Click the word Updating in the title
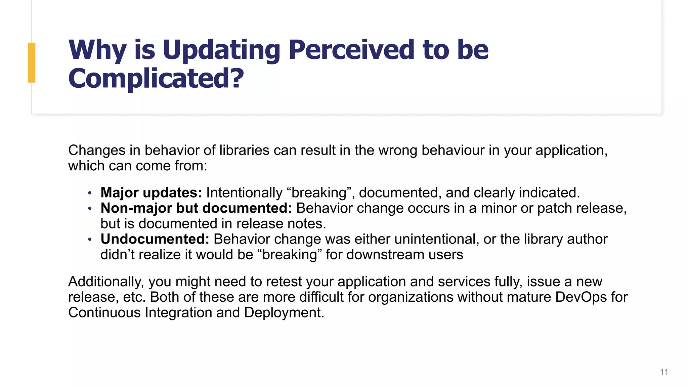221,50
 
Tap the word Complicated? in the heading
156,79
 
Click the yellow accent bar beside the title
32,62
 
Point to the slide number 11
664,372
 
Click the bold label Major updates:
151,193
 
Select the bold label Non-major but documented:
196,208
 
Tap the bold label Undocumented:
155,239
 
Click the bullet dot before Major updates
90,193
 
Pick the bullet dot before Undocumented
90,240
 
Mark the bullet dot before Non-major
90,209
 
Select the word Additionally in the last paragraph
106,282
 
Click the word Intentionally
244,193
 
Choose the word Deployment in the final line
284,313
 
